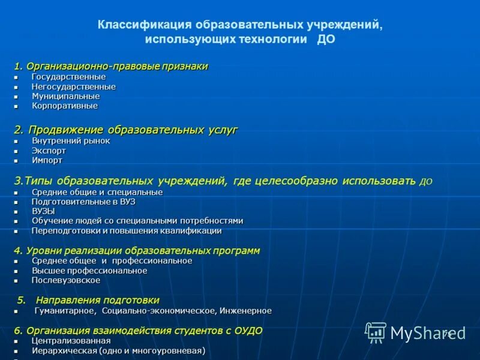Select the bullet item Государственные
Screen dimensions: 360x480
tap(68, 77)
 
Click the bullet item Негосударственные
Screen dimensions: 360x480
tap(73, 86)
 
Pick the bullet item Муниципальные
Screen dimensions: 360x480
tap(65, 96)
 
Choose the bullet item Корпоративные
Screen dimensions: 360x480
tap(64, 106)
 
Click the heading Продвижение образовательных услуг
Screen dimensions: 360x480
tap(133, 130)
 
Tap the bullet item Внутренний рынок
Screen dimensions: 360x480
tap(71, 141)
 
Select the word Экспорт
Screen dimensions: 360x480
tap(49, 151)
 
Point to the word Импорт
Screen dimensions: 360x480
tap(47, 160)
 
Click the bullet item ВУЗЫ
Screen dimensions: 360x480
tap(43, 211)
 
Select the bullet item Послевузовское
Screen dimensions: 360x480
tap(66, 280)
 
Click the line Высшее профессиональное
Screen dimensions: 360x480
tap(89, 271)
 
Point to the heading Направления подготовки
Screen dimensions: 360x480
tap(97, 300)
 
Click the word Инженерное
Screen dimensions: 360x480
tap(245, 311)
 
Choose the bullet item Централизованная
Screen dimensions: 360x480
tap(71, 341)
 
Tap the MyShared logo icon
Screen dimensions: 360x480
tap(376, 332)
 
